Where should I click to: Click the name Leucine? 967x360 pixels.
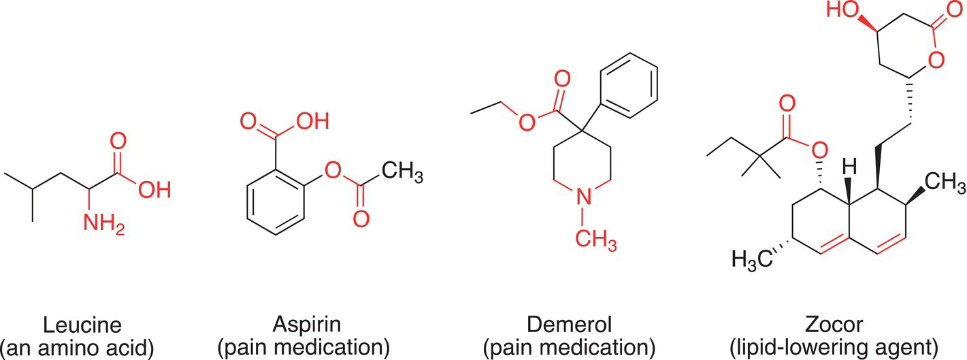point(82,325)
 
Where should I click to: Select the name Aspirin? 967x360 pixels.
point(306,325)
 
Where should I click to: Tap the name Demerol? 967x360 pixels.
point(570,325)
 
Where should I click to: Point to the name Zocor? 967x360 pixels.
point(834,325)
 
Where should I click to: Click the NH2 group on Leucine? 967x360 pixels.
point(104,224)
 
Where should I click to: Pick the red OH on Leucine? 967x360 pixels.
point(154,189)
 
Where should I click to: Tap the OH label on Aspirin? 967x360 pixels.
point(312,121)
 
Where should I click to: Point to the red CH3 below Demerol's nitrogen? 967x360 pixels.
point(595,240)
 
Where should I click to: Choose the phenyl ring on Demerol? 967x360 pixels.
point(629,86)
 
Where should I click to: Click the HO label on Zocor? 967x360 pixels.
point(842,10)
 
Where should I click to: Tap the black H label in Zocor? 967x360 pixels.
point(849,167)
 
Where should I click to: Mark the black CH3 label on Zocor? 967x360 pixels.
point(945,182)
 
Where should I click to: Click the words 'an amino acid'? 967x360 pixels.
point(77,348)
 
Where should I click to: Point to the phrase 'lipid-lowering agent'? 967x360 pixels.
point(834,348)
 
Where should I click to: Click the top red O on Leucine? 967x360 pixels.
point(118,141)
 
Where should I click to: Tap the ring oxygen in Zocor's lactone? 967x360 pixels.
point(936,60)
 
